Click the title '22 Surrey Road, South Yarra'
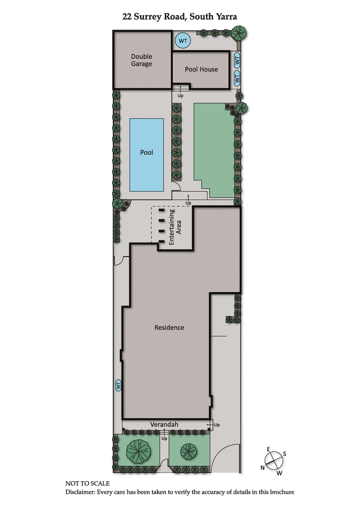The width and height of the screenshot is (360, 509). coord(180,17)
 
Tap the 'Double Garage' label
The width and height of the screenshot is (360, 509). coord(141,60)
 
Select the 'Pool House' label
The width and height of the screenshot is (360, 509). coord(201,69)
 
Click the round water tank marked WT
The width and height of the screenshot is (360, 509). coord(183,41)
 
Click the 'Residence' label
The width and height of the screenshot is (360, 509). coord(169,327)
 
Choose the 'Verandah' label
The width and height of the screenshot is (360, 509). coord(165,424)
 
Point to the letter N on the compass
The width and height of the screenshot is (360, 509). coord(262,468)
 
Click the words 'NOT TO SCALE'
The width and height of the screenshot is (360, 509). coord(87,483)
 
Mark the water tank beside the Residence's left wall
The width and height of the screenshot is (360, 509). coord(119,385)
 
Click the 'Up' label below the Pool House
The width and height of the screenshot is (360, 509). coord(180,95)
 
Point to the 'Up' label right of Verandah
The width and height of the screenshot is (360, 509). coord(216,425)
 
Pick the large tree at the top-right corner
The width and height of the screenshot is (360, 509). coord(239,32)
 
